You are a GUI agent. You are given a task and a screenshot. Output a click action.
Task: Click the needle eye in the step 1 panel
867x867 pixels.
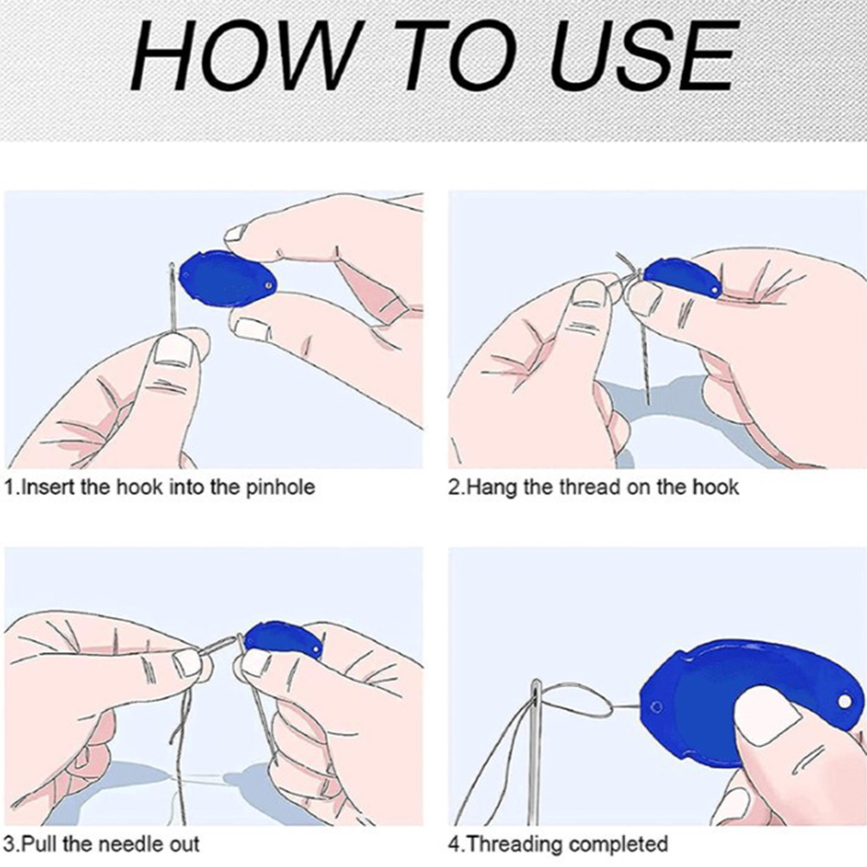(172, 270)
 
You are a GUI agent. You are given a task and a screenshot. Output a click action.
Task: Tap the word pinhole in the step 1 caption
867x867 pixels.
(280, 487)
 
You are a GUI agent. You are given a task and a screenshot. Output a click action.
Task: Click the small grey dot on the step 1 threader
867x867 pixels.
(268, 283)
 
